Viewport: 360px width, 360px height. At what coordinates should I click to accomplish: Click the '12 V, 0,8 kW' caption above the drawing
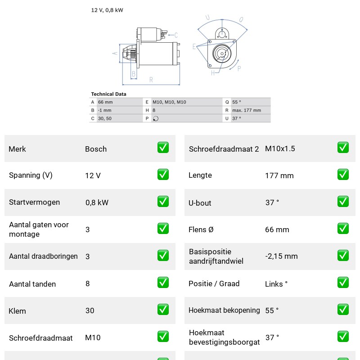[x=107, y=10]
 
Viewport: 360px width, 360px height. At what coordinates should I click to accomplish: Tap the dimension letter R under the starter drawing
[x=151, y=80]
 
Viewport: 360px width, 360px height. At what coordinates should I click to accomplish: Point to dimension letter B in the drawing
[x=134, y=74]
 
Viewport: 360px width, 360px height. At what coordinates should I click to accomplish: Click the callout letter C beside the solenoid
[x=176, y=35]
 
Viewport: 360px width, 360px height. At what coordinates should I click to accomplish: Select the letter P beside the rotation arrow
[x=239, y=68]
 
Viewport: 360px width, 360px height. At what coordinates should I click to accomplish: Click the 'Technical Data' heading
[x=108, y=94]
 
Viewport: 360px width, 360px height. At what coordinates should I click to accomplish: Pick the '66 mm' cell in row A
[x=105, y=102]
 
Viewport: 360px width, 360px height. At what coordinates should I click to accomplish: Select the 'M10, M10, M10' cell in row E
[x=169, y=102]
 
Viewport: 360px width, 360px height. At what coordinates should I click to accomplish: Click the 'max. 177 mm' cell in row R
[x=247, y=110]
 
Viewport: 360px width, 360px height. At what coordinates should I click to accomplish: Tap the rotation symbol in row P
[x=156, y=118]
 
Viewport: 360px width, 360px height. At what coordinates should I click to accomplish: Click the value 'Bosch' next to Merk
[x=96, y=149]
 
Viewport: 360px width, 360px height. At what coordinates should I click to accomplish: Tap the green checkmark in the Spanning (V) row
[x=163, y=175]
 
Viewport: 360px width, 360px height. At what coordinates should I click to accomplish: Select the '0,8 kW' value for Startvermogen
[x=97, y=202]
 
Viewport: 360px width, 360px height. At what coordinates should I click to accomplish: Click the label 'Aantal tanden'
[x=32, y=284]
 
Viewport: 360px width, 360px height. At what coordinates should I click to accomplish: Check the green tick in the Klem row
[x=163, y=310]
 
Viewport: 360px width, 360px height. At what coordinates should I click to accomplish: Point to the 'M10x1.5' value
[x=280, y=148]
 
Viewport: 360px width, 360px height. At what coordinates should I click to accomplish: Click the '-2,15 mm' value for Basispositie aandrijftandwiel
[x=281, y=256]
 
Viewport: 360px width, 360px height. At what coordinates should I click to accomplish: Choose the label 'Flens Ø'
[x=201, y=229]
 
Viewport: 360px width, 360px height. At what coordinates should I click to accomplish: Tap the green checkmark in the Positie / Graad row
[x=343, y=283]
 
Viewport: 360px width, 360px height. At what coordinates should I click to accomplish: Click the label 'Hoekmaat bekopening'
[x=224, y=310]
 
